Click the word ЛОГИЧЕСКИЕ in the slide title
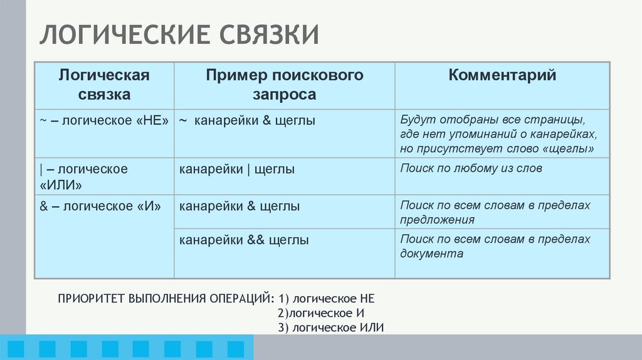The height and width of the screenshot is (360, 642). [x=124, y=35]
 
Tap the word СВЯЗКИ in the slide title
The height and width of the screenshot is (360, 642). [x=269, y=35]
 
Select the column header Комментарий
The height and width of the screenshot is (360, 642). [x=502, y=76]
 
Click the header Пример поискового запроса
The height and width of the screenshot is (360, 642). [x=285, y=85]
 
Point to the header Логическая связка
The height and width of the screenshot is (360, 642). [x=104, y=85]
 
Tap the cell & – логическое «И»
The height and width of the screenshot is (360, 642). [x=101, y=206]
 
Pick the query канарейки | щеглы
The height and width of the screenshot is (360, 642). [x=237, y=169]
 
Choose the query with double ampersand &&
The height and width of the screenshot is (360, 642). [x=244, y=240]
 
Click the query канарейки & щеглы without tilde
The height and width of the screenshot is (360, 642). [x=239, y=206]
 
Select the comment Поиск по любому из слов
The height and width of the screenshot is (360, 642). [x=471, y=168]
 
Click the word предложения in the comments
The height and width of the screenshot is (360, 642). [x=437, y=220]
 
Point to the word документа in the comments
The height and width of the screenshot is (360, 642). [x=431, y=254]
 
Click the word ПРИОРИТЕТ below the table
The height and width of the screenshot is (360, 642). [x=92, y=298]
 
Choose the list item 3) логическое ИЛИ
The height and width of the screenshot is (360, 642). [x=330, y=327]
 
